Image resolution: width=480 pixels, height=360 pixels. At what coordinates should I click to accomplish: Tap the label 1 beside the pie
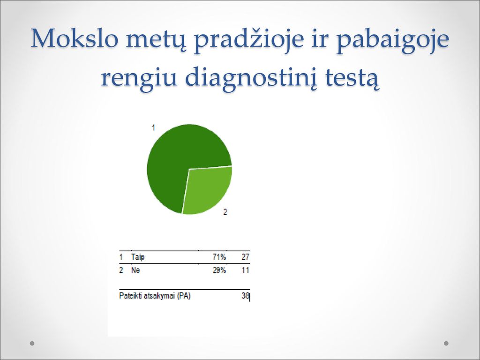coord(153,127)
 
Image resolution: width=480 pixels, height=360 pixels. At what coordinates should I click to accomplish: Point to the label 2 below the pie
coord(225,212)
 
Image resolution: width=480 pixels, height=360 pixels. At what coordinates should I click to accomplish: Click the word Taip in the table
coord(138,257)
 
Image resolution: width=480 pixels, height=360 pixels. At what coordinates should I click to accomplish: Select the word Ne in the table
coord(135,270)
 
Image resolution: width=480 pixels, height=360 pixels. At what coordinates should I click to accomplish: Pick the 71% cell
coord(219,257)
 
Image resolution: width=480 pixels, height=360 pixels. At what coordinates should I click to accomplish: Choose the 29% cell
coord(219,270)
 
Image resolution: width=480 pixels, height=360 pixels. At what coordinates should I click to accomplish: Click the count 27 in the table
coord(245,257)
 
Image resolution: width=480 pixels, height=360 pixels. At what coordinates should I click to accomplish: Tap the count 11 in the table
coord(245,270)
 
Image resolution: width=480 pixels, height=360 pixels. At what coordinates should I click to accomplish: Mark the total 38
coord(245,296)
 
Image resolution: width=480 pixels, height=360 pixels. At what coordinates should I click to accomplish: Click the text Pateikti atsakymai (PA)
coord(155,296)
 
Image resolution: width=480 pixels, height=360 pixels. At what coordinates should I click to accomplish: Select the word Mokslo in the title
coord(74,38)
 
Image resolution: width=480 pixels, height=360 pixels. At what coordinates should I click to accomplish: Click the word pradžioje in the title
coord(249,40)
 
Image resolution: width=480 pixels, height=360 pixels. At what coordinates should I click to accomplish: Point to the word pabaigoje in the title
coord(393,40)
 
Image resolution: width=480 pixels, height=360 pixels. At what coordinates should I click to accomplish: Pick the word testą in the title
coord(352,79)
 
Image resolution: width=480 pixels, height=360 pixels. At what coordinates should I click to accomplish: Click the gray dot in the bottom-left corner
coord(32,343)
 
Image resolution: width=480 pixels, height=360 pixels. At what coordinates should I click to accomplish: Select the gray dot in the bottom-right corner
coord(446,343)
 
